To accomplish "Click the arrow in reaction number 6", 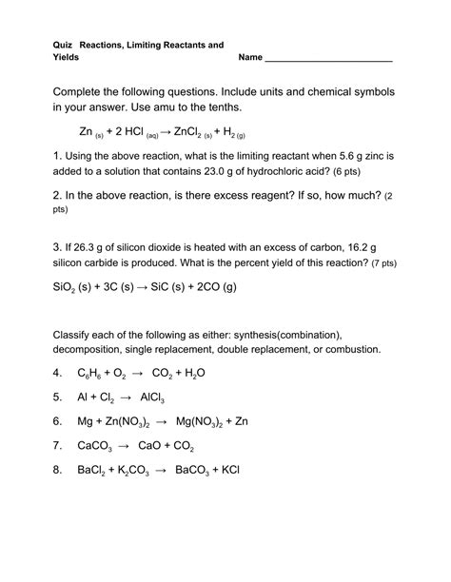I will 160,420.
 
